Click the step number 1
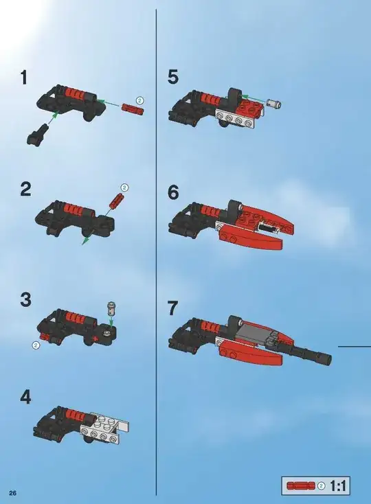click(x=24, y=78)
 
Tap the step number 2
click(x=26, y=189)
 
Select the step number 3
click(x=26, y=299)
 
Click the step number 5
click(x=173, y=78)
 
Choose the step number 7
click(x=173, y=308)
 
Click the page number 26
click(x=13, y=493)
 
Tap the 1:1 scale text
click(x=338, y=486)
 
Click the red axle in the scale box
click(x=301, y=486)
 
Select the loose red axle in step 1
click(x=133, y=108)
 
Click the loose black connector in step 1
click(x=38, y=135)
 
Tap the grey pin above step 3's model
click(x=111, y=308)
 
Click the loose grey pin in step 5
click(x=273, y=104)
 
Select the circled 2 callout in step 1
click(x=139, y=100)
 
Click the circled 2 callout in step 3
click(x=36, y=345)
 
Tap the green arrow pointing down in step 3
click(x=111, y=321)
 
